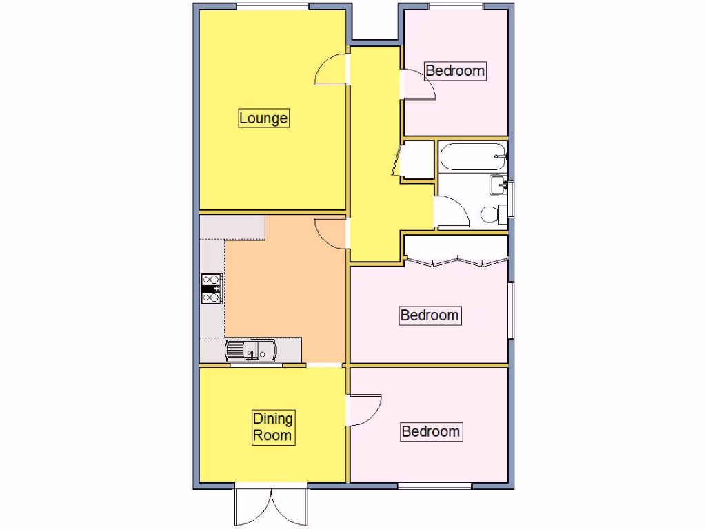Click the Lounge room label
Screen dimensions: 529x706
(263, 118)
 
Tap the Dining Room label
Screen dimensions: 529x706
(272, 427)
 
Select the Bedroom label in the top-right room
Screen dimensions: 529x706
(455, 70)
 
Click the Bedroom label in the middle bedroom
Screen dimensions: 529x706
(430, 315)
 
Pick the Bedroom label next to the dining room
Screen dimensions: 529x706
(430, 432)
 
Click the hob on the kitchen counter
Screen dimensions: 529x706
(211, 289)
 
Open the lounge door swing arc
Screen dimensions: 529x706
(329, 70)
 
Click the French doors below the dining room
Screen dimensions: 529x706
(271, 508)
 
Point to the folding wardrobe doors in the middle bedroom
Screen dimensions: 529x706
(456, 261)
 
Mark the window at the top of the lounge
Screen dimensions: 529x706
(272, 7)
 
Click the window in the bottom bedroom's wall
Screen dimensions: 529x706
(435, 486)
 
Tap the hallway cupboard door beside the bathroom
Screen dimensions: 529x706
(398, 160)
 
